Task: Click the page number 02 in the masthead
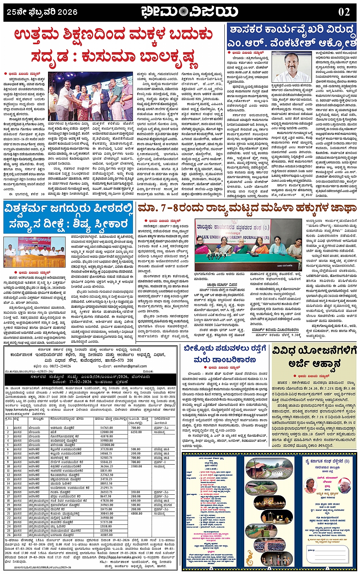(x=344, y=11)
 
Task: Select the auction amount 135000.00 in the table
(x=107, y=445)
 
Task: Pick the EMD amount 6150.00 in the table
(x=136, y=432)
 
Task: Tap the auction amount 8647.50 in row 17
(x=106, y=496)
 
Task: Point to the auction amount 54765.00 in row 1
(x=107, y=428)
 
